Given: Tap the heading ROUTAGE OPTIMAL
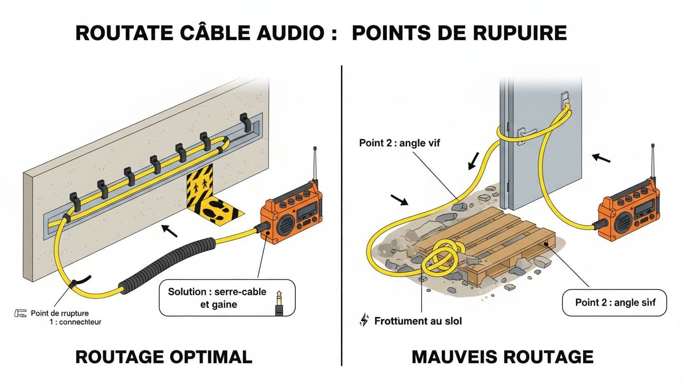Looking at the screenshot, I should (163, 356).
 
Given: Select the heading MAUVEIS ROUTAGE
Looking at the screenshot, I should (502, 356).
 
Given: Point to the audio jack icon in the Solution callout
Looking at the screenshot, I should (279, 303).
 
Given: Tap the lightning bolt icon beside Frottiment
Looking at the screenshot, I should (363, 320).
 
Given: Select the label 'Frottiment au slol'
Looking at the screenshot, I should (418, 321).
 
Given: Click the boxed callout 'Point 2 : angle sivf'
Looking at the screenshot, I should (615, 303).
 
